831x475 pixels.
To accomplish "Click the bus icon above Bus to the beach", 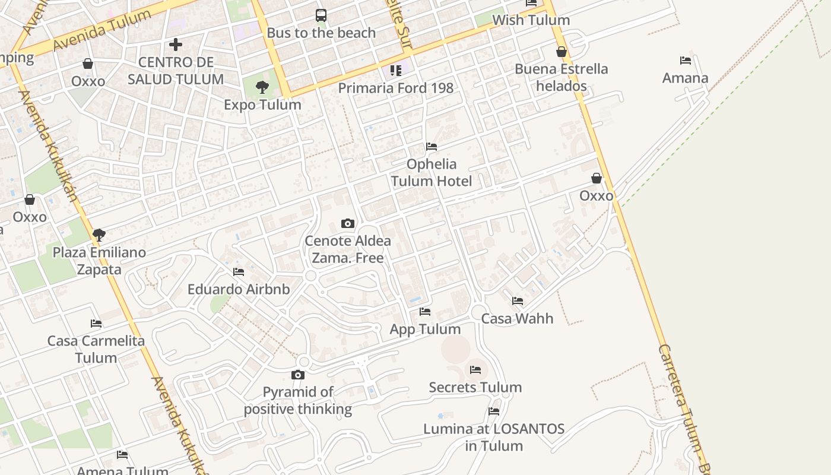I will point(321,15).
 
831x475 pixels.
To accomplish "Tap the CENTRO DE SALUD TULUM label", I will point(176,71).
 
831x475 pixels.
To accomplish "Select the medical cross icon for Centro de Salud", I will point(175,45).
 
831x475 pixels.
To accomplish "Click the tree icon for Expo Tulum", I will point(262,88).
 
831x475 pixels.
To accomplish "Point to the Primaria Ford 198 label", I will point(395,88).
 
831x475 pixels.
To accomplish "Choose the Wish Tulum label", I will point(531,20).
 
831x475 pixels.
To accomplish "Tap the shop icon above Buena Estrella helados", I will point(561,52).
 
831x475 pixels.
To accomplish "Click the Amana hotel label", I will point(685,78).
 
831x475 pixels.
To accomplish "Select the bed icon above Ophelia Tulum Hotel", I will point(432,147).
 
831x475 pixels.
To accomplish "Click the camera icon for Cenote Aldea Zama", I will point(348,224).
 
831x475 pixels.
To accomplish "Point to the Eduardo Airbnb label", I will point(239,289).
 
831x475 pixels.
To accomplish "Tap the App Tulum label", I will point(425,329).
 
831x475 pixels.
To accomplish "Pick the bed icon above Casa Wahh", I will point(518,301).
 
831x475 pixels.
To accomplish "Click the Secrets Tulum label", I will point(475,387).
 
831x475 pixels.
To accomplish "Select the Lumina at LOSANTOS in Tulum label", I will point(494,437).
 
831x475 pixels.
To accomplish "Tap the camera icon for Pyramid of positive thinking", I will point(298,375).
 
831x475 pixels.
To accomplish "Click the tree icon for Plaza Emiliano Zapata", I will point(99,235).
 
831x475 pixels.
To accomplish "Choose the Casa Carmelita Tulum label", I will point(96,349).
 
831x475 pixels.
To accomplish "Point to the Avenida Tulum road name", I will point(102,30).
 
